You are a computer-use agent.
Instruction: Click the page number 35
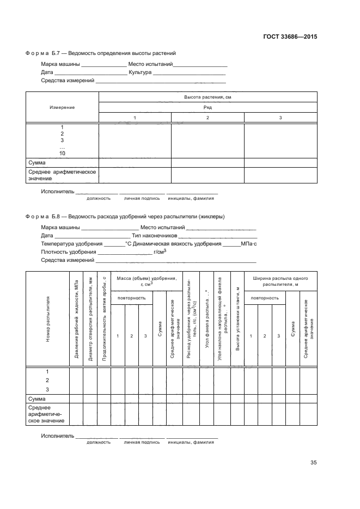313,463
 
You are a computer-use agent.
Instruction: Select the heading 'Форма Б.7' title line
101,53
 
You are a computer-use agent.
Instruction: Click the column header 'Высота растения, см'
208,97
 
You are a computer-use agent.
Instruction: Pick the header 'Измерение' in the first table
62,107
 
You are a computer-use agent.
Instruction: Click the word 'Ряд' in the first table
208,107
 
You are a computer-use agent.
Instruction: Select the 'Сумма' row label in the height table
36,162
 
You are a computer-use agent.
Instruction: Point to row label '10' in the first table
62,154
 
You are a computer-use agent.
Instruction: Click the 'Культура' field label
140,72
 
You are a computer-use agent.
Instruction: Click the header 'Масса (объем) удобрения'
147,280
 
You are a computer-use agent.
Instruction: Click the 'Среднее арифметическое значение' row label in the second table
46,414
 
